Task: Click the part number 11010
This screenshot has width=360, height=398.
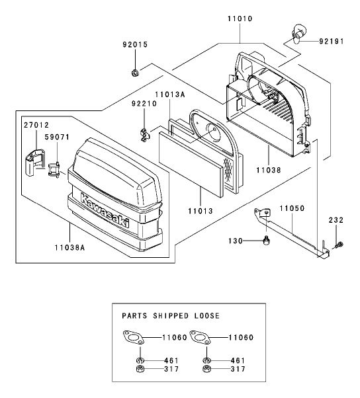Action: click(240, 19)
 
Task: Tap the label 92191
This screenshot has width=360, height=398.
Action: click(332, 41)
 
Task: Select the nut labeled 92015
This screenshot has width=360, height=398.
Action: click(134, 73)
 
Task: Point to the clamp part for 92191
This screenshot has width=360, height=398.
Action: click(297, 34)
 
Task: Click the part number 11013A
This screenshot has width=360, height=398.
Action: click(170, 95)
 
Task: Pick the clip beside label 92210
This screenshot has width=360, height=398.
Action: click(144, 135)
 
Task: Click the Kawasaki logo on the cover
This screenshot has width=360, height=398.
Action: click(105, 210)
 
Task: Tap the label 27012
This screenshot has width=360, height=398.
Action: click(36, 125)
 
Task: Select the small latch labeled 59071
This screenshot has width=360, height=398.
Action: click(54, 169)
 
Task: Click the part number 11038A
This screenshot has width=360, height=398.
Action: click(69, 247)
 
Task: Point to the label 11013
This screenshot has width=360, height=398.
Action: click(201, 211)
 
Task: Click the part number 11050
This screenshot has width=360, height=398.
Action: click(292, 208)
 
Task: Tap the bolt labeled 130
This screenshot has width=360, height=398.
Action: click(266, 241)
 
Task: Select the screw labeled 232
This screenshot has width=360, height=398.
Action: click(338, 245)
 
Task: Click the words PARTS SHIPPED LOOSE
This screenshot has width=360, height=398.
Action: click(171, 316)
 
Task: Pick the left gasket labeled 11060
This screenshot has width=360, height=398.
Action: click(134, 338)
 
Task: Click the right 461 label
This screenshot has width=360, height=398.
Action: click(238, 360)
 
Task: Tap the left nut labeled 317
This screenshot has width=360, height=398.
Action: click(140, 369)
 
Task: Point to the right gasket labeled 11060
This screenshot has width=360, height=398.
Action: click(201, 338)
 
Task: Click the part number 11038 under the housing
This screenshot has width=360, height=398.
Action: click(269, 170)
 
